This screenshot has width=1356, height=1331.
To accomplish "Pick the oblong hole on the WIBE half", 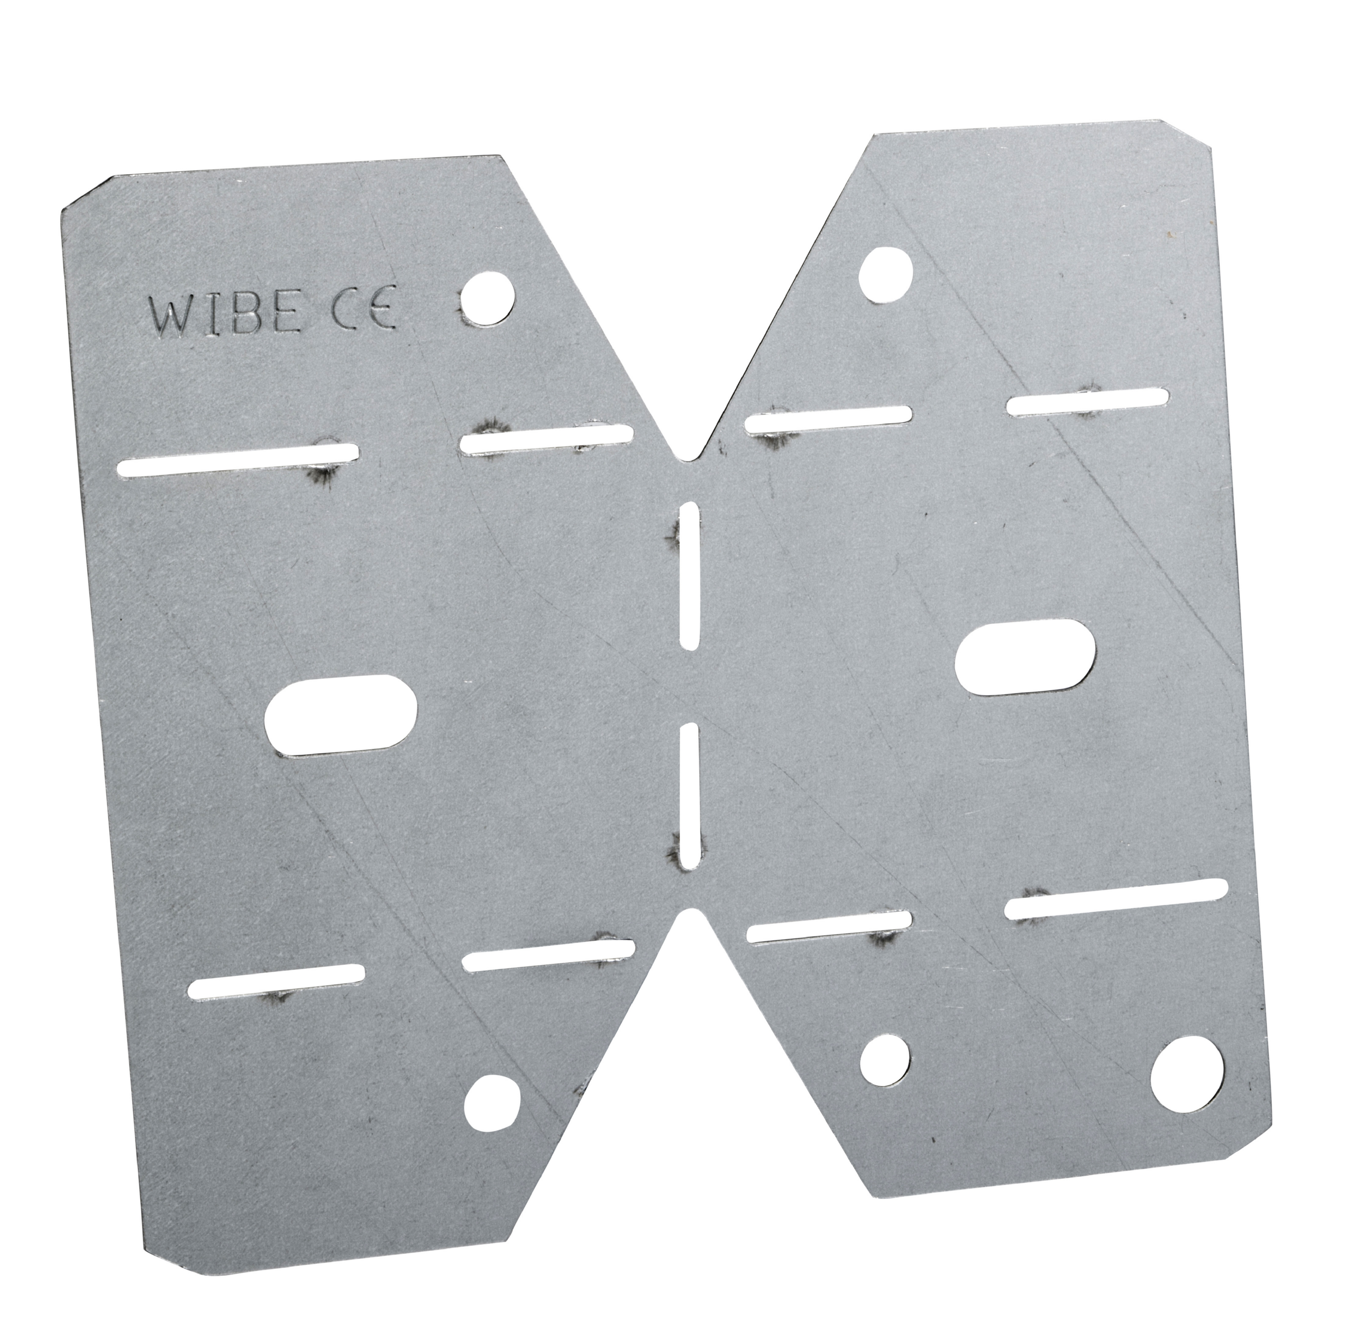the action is tap(342, 715).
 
